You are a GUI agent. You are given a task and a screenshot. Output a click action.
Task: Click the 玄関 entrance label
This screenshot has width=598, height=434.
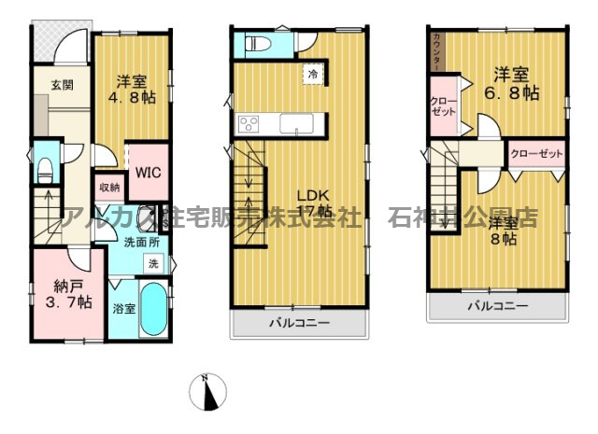pos(62,85)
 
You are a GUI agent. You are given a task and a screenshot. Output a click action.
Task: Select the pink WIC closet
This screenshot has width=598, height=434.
pos(145,173)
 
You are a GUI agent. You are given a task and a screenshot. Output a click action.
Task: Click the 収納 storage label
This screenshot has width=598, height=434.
pos(109,187)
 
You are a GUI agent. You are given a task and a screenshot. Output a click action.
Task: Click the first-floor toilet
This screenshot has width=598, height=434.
pos(44,168)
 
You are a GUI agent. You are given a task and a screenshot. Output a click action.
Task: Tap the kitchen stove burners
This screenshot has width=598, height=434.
pos(249,122)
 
